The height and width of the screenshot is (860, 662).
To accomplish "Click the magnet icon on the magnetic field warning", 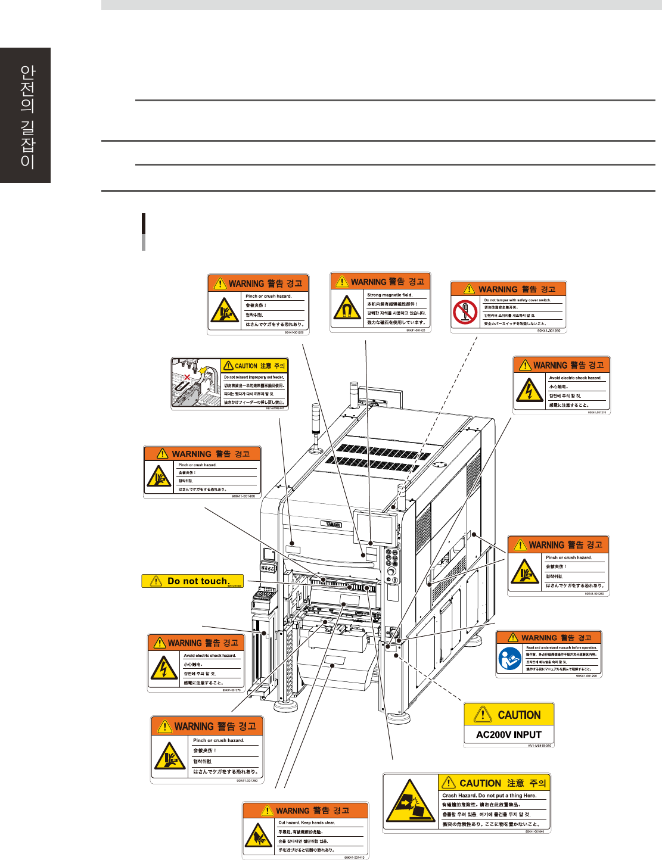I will pos(347,308).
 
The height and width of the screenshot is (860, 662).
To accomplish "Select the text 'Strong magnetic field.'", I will pos(390,295).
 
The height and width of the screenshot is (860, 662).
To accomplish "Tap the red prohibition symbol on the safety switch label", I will pos(465,311).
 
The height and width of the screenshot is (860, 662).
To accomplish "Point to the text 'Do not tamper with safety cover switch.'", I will pos(517,300).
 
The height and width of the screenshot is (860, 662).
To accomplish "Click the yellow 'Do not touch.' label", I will pos(192,581).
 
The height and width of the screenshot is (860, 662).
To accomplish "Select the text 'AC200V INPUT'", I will pos(509,734).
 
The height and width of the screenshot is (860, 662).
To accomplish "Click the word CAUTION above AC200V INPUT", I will pos(519,715).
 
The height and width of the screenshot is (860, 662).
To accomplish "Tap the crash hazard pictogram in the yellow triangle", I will pos(410,802).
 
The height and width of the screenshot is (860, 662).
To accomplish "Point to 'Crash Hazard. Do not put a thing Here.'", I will pos(489,795).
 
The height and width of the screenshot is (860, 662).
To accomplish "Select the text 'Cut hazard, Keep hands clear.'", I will pos(307,822).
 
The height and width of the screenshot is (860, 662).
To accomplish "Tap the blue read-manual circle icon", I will pos(509,659).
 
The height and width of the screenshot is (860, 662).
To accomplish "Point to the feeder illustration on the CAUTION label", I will pos(195,384).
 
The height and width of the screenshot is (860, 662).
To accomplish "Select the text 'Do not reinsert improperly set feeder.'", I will pos(254,377).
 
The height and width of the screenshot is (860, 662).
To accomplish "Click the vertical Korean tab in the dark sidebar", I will pos(26,116).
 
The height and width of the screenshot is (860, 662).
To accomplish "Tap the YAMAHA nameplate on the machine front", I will pos(333,524).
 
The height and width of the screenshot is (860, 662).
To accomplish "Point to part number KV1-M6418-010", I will pos(539,746).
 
